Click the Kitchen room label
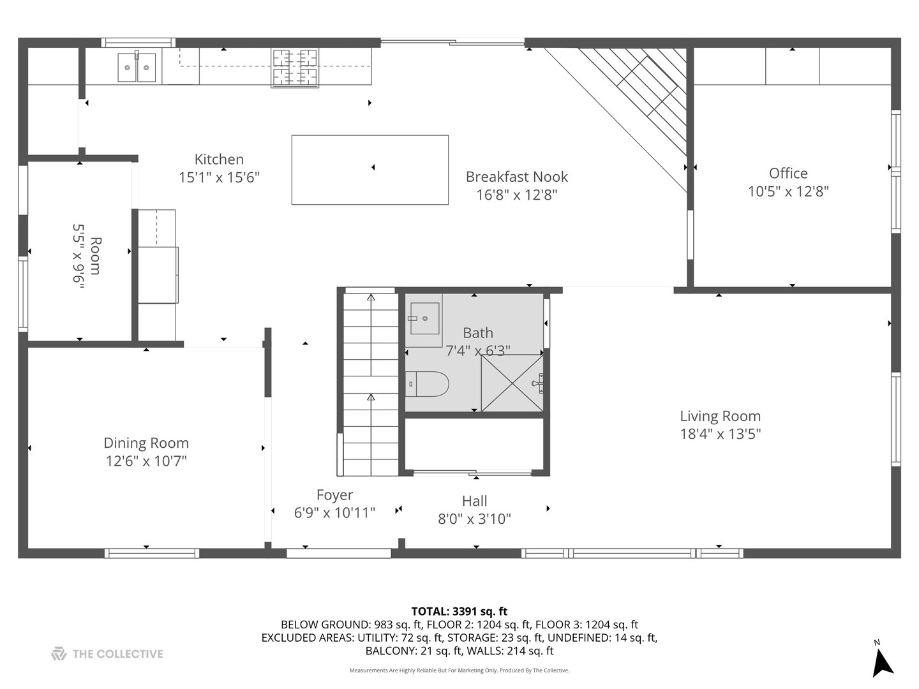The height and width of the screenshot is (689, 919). tap(219, 159)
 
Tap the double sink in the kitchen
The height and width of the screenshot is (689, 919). tap(137, 68)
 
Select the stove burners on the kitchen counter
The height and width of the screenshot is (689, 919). tap(295, 67)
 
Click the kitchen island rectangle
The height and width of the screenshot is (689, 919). tap(370, 170)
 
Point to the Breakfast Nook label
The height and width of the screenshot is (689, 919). tap(516, 177)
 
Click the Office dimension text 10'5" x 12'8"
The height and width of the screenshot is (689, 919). tap(788, 191)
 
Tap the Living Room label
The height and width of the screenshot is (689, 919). tap(720, 417)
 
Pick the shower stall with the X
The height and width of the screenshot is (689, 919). tap(512, 383)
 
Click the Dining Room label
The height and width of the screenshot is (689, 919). tap(146, 443)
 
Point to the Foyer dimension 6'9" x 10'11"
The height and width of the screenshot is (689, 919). tap(334, 513)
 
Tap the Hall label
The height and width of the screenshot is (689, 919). tap(474, 501)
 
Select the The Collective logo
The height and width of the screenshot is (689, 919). tap(107, 654)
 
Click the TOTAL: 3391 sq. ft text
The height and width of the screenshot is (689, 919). tap(459, 611)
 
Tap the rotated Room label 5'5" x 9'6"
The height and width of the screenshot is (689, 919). tap(87, 256)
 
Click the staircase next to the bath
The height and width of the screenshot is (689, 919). tap(370, 383)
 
